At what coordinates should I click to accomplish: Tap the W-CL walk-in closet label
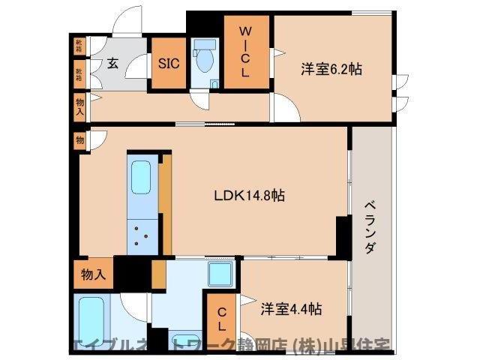(x=244, y=52)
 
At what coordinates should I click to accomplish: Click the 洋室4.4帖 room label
(x=292, y=308)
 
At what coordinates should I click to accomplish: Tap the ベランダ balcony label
(x=370, y=227)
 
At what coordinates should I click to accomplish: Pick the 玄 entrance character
(x=112, y=63)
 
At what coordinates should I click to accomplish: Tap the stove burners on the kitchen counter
(x=142, y=234)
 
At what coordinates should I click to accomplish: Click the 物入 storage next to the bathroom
(x=93, y=275)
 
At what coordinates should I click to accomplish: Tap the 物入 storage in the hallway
(x=79, y=106)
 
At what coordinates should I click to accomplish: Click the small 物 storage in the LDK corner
(x=79, y=139)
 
